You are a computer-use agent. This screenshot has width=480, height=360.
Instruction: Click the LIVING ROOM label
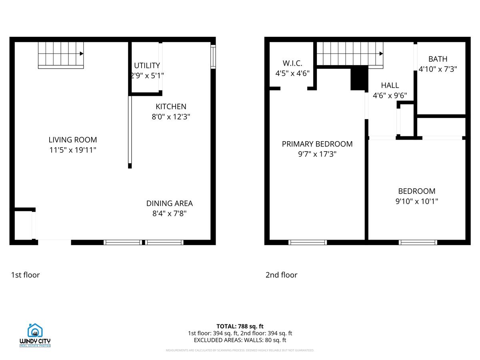[72, 140]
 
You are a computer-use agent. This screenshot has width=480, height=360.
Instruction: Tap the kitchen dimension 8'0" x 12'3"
[171, 117]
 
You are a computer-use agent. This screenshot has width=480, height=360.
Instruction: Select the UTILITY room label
[147, 66]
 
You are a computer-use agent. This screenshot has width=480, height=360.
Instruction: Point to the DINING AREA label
[169, 203]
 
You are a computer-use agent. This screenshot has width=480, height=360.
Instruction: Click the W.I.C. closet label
[292, 63]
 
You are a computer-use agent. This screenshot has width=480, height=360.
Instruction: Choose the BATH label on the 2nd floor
[438, 59]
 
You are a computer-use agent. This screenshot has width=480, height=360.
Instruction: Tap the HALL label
[390, 85]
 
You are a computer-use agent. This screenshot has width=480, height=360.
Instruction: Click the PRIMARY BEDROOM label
[317, 144]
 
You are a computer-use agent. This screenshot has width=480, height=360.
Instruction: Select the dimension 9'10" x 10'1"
[416, 201]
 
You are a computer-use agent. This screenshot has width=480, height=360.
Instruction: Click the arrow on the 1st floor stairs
[81, 54]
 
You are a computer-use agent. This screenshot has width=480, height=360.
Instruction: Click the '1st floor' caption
[25, 275]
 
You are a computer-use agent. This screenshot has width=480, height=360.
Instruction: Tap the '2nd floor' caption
[281, 275]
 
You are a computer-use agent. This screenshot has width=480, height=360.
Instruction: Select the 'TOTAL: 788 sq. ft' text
[240, 326]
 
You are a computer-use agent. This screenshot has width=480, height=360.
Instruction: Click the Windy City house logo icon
[35, 330]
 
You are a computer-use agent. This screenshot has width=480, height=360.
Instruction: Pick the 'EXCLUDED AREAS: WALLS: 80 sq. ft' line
[240, 340]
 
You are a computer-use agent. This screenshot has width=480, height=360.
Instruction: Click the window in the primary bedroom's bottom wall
[308, 242]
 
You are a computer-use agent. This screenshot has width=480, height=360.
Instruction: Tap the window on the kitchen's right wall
[213, 57]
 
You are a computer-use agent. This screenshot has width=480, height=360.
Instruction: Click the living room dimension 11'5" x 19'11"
[72, 150]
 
